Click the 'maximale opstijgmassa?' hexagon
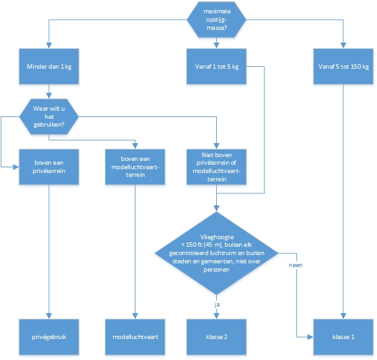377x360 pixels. (216, 20)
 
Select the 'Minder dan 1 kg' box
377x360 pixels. (49, 66)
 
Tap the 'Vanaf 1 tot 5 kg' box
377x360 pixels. (216, 66)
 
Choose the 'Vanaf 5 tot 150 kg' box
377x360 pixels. (343, 66)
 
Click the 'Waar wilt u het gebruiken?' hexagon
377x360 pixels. (49, 116)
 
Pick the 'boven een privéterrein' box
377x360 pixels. (49, 167)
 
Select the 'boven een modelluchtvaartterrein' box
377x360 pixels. (135, 167)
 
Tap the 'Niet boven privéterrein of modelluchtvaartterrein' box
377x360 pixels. (216, 167)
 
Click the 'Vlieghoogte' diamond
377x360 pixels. (216, 253)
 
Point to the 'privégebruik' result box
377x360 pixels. (49, 337)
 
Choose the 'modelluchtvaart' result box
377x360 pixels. (135, 337)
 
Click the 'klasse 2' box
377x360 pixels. (216, 337)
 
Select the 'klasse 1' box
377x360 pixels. (343, 337)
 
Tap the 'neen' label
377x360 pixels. (296, 265)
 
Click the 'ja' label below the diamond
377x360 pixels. (217, 305)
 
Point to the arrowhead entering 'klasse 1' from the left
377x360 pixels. (310, 337)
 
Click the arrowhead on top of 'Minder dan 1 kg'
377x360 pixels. (49, 46)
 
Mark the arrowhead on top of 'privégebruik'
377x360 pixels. (49, 316)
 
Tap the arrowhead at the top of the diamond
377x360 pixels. (216, 209)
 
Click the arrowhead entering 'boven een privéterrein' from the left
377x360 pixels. (16, 167)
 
